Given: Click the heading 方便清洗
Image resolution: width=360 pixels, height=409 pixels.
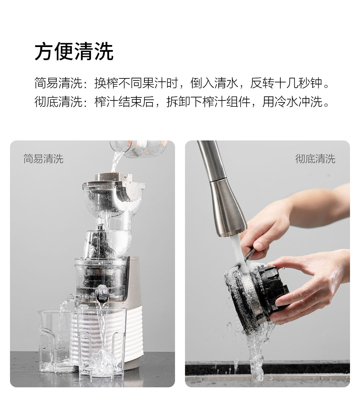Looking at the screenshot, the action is click(74, 51).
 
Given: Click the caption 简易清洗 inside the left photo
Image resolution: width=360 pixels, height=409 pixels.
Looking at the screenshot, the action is click(43, 159).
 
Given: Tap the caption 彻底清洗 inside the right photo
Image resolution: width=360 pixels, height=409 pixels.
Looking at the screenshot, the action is click(315, 159).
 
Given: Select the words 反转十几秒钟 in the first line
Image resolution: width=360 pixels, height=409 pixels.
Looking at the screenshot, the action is click(286, 83).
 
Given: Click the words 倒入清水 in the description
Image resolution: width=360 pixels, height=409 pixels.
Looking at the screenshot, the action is click(214, 83).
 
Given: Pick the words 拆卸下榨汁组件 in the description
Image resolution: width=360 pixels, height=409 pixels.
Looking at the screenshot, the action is click(208, 101).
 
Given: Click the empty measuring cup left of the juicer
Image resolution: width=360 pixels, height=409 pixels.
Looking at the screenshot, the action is click(56, 341).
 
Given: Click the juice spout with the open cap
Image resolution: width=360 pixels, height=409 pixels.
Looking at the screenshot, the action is click(102, 295).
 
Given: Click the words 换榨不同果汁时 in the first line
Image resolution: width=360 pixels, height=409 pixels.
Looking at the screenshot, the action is click(136, 83).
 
